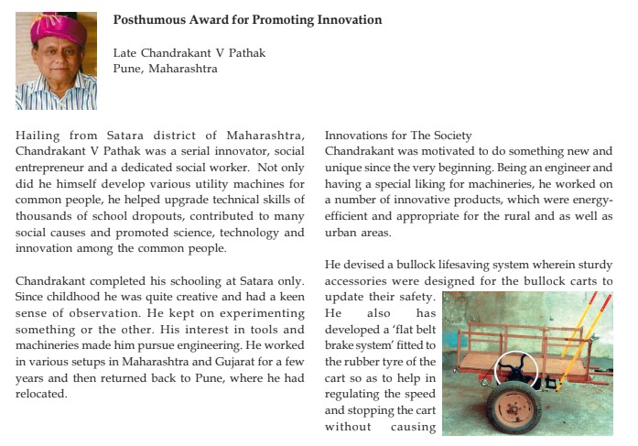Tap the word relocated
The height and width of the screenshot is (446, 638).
(43, 394)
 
